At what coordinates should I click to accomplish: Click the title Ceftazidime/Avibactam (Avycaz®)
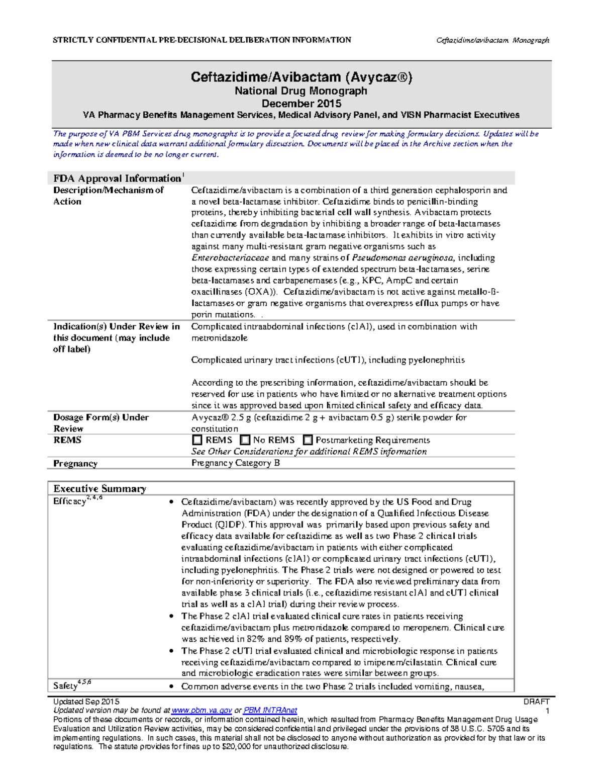point(301,77)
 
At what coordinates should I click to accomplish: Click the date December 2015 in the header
point(301,104)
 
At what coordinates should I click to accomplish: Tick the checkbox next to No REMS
point(245,440)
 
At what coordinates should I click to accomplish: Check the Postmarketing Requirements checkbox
point(308,440)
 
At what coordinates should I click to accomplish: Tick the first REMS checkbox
point(197,440)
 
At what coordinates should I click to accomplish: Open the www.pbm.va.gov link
point(202,710)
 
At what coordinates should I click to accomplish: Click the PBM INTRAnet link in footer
point(270,710)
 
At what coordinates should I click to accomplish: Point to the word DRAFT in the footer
point(536,701)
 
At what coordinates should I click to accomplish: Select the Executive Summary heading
point(100,488)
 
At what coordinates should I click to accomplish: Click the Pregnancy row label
point(75,463)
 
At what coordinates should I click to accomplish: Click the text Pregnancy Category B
point(236,463)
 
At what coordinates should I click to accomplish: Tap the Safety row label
point(65,685)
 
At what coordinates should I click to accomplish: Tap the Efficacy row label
point(70,501)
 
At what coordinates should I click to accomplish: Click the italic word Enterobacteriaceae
point(230,257)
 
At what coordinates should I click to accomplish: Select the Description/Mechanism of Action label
point(108,196)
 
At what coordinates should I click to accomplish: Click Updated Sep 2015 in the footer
point(86,701)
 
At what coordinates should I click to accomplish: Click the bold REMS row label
point(67,440)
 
